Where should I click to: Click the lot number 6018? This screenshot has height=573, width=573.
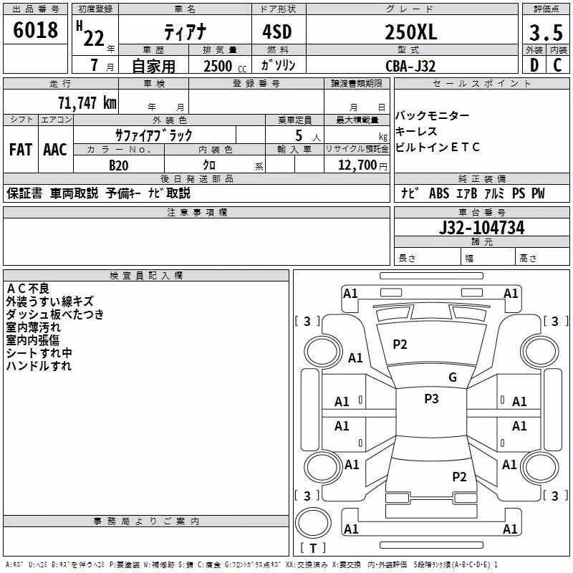(35, 29)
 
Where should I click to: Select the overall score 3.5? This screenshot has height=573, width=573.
(546, 32)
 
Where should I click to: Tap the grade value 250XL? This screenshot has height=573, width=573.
(410, 32)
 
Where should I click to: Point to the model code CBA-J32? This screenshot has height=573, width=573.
(410, 66)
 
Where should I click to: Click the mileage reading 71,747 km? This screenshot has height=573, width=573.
(87, 102)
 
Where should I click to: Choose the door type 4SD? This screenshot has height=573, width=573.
(277, 32)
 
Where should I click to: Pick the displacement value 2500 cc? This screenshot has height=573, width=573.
(225, 66)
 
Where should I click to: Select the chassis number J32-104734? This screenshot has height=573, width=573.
(481, 228)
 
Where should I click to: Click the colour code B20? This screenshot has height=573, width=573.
(118, 165)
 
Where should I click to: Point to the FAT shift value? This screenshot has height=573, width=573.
(21, 150)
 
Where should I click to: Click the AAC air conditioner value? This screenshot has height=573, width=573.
(55, 150)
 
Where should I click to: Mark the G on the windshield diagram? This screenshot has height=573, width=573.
(453, 377)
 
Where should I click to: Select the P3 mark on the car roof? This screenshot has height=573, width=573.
(431, 399)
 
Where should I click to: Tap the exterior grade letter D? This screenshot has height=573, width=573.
(534, 65)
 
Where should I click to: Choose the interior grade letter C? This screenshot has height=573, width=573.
(557, 65)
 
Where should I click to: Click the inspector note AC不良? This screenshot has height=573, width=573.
(28, 289)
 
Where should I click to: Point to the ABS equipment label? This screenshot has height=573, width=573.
(439, 193)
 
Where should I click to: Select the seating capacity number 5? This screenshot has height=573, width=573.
(299, 135)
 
